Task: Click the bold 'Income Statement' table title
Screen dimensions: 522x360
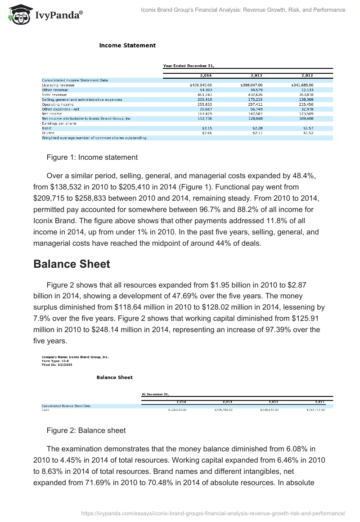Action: point(127,45)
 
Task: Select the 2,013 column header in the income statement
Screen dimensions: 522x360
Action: point(256,76)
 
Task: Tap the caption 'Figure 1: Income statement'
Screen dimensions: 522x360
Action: point(92,157)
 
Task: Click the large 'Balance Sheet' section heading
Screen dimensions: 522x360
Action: point(72,264)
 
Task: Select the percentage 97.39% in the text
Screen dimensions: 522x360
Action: point(284,329)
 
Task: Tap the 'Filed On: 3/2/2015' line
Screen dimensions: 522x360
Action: point(57,365)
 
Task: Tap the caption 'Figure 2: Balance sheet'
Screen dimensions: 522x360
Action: point(86,431)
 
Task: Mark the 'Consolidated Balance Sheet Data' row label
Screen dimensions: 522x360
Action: point(66,405)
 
